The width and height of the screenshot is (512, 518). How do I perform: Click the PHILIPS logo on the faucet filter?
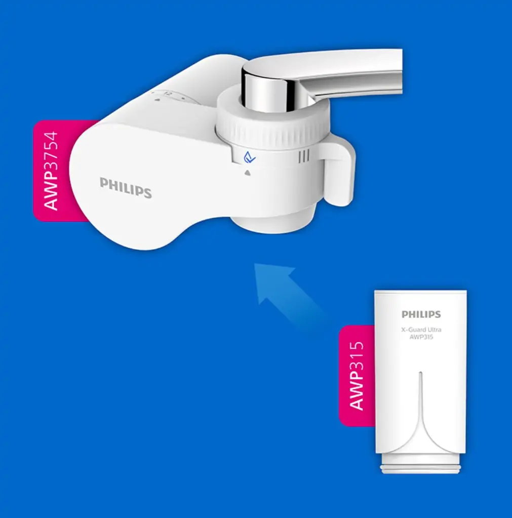pos(125,187)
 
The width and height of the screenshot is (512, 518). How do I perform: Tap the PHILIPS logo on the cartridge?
pos(421,314)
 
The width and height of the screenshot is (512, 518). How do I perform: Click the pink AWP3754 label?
pos(52,171)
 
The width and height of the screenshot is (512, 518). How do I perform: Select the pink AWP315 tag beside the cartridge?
pos(357,376)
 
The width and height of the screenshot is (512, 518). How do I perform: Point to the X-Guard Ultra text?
pos(421,330)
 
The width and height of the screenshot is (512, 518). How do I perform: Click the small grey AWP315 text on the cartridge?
pos(421,337)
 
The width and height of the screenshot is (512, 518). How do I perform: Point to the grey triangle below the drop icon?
pos(248,173)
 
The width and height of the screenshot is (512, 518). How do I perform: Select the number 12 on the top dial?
pos(168,94)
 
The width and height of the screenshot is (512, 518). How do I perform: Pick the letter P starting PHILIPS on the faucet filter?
pos(103,183)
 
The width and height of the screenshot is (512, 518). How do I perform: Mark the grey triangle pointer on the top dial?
pos(157,100)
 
